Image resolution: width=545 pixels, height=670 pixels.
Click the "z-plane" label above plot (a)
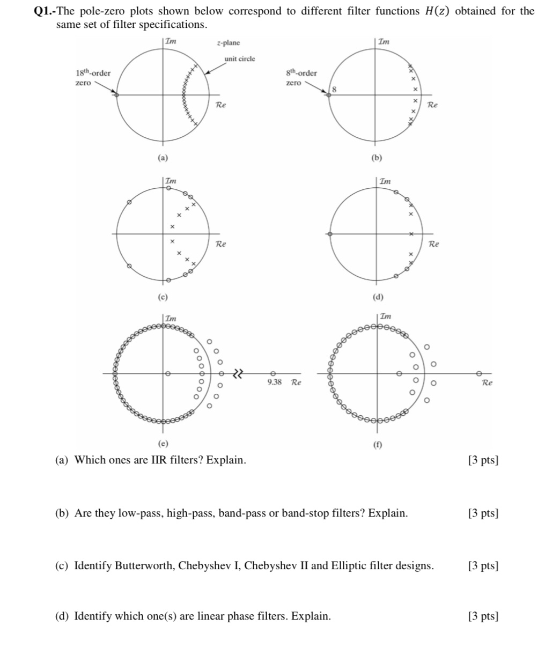click(229, 43)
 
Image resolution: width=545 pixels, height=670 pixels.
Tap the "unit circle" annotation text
click(240, 58)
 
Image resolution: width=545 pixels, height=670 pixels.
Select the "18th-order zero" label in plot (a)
click(92, 78)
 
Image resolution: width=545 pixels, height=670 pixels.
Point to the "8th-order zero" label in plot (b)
click(301, 78)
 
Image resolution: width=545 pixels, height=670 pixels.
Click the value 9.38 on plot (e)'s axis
click(274, 382)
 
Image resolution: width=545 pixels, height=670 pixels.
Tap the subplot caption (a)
click(163, 158)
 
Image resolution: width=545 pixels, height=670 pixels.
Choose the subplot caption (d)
click(378, 297)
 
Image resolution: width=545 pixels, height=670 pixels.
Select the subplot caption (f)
click(378, 445)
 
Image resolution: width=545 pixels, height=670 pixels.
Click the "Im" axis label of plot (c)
click(170, 181)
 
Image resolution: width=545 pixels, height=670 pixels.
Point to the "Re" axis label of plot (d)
click(434, 244)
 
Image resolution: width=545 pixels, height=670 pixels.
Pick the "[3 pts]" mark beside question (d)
click(483, 616)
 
